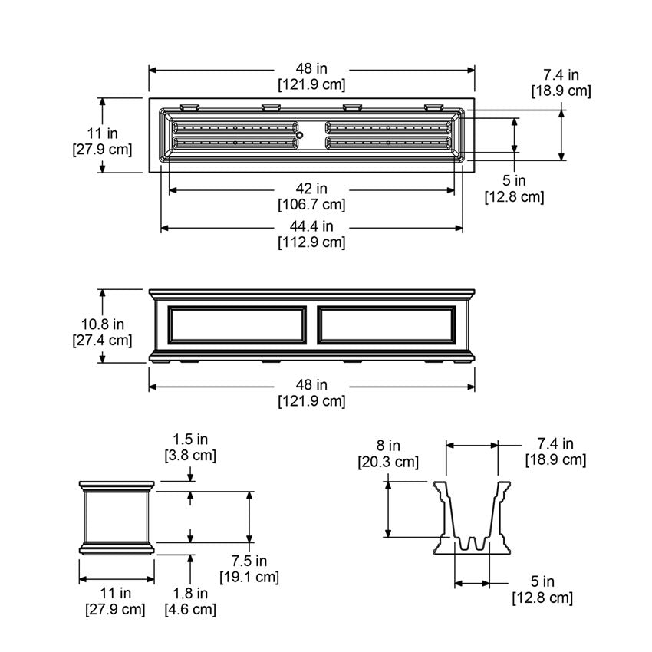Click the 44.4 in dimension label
pos(311,226)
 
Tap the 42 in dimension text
pos(311,189)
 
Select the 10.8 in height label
pos(102,324)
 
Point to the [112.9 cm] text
pos(311,242)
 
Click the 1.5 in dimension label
pos(190,439)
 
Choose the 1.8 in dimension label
pos(190,594)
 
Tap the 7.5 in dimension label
pos(249,561)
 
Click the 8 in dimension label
pos(388,446)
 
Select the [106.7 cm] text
pos(311,205)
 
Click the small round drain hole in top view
pos(300,135)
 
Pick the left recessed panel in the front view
pos(236,325)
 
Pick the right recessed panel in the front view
pos(387,325)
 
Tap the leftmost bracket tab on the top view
pos(190,107)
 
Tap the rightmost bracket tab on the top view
pos(433,107)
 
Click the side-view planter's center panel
pos(117,517)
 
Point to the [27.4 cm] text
pos(102,341)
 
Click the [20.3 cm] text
pos(388,463)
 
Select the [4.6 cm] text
pos(190,610)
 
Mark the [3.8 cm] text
pos(190,456)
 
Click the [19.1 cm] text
pos(249,578)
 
